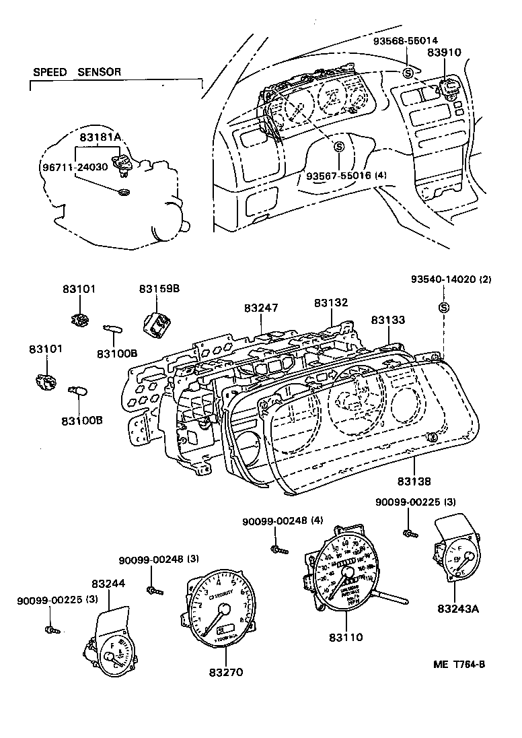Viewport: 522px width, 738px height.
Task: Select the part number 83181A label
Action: (100, 137)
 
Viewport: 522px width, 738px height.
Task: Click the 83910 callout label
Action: (447, 53)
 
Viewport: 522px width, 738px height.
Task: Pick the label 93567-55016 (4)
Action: (346, 176)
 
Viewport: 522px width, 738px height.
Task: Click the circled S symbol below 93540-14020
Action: (443, 308)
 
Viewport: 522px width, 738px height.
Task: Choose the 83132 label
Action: (331, 303)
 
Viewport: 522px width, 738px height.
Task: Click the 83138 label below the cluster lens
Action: (414, 481)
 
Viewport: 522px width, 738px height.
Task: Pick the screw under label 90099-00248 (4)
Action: (278, 549)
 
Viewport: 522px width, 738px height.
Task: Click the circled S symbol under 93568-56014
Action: (408, 73)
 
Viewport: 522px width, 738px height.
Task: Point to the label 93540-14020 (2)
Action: (451, 279)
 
